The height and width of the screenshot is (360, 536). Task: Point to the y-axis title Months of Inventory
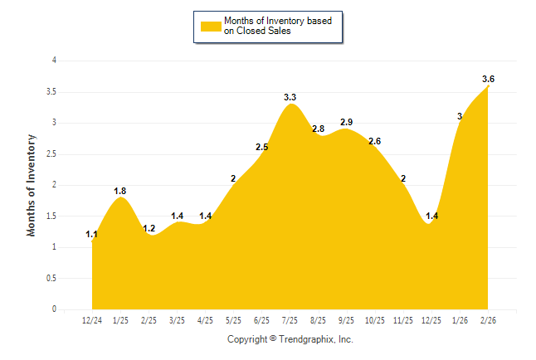coord(32,185)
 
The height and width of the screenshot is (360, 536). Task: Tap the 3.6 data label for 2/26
coord(488,79)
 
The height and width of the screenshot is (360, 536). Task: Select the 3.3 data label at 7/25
coord(290,97)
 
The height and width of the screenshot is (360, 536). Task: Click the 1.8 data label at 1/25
coord(120,191)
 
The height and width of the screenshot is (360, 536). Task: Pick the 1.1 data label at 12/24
coord(92,235)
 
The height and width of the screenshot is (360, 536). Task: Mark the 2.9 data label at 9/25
coord(347,122)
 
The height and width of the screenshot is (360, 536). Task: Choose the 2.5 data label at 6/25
coord(261,147)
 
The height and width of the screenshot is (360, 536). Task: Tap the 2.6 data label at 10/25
coord(374,141)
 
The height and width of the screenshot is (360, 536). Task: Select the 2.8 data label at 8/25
coord(318,129)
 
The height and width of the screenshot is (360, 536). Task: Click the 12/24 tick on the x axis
coord(92,320)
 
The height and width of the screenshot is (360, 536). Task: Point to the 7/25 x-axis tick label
coord(290,320)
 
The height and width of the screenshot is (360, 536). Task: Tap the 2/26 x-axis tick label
coord(488,320)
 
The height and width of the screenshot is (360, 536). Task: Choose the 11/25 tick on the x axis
coord(403,320)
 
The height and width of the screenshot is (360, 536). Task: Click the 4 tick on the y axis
coord(54,61)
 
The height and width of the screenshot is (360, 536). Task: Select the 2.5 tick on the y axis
coord(51,153)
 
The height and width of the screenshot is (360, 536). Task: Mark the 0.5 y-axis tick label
coord(51,278)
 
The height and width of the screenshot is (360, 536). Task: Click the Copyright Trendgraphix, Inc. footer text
coord(290,339)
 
